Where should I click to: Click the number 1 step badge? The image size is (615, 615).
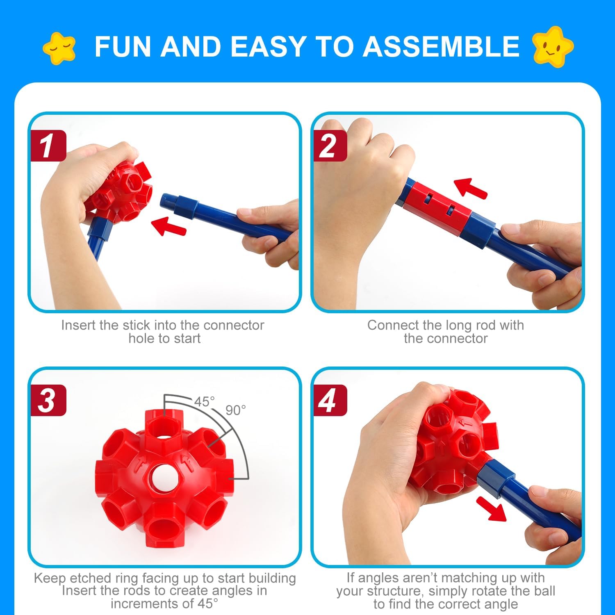[x=48, y=146]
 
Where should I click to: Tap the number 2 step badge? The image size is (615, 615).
[x=330, y=146]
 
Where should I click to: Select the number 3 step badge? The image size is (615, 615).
[x=48, y=400]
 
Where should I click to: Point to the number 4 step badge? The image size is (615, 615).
[x=330, y=400]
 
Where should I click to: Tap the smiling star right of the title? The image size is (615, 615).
[x=552, y=46]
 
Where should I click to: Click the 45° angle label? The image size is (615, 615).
[x=204, y=401]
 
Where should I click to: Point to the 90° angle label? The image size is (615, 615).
[x=236, y=410]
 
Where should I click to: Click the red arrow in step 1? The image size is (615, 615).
[x=169, y=226]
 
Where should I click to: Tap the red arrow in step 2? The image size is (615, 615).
[x=471, y=188]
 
